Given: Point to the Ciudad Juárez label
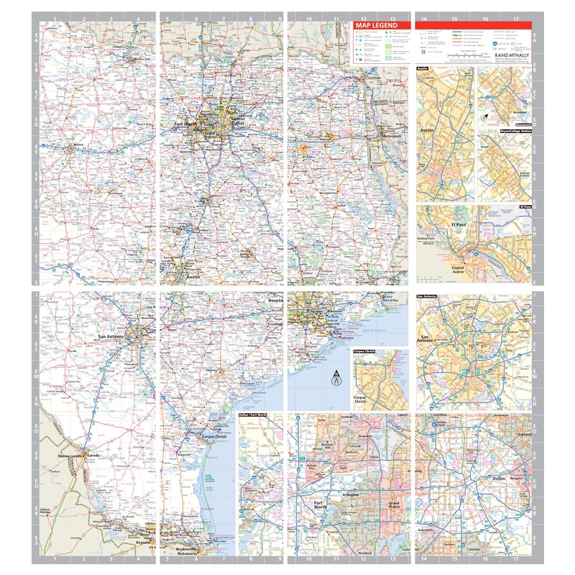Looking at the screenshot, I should pyautogui.click(x=458, y=270).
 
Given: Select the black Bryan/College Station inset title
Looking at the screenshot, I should pyautogui.click(x=515, y=132).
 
